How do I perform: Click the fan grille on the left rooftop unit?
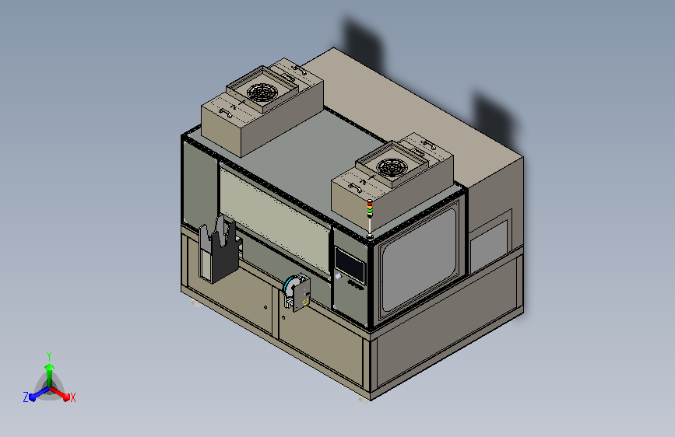click(x=262, y=93)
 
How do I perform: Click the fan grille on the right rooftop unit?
click(x=392, y=167)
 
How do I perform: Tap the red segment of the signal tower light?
click(x=370, y=202)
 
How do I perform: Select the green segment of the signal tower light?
click(x=370, y=211)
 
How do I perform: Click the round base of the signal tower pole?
click(x=370, y=236)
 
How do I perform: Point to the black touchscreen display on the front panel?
click(x=350, y=264)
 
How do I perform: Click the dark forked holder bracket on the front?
click(x=219, y=249)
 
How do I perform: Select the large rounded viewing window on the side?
click(x=419, y=260)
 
